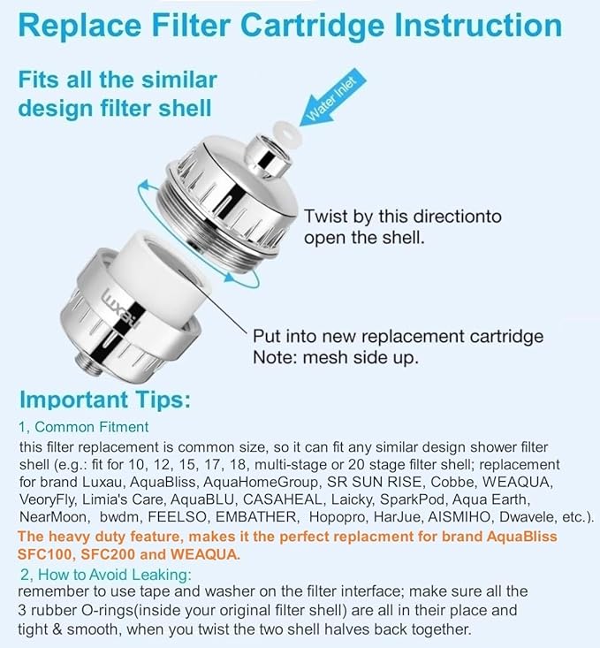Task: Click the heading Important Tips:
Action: point(105,399)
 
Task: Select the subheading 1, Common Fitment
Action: point(84,427)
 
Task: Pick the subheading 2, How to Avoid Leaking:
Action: point(105,575)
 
